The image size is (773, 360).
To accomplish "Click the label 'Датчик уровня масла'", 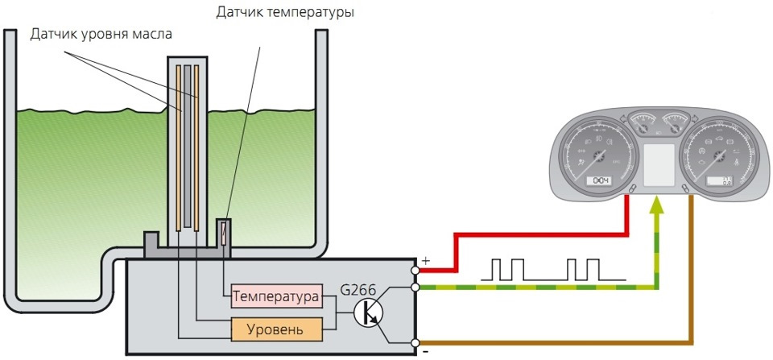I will [x=101, y=35].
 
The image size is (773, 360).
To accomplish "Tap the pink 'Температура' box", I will [x=276, y=296].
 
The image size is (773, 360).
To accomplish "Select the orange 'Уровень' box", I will [x=276, y=329].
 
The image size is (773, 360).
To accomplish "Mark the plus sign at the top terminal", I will [x=424, y=261].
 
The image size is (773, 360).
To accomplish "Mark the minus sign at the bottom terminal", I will [x=424, y=352].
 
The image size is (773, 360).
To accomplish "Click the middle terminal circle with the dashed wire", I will [x=415, y=287].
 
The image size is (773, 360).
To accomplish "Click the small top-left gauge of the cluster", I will [x=642, y=125].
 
